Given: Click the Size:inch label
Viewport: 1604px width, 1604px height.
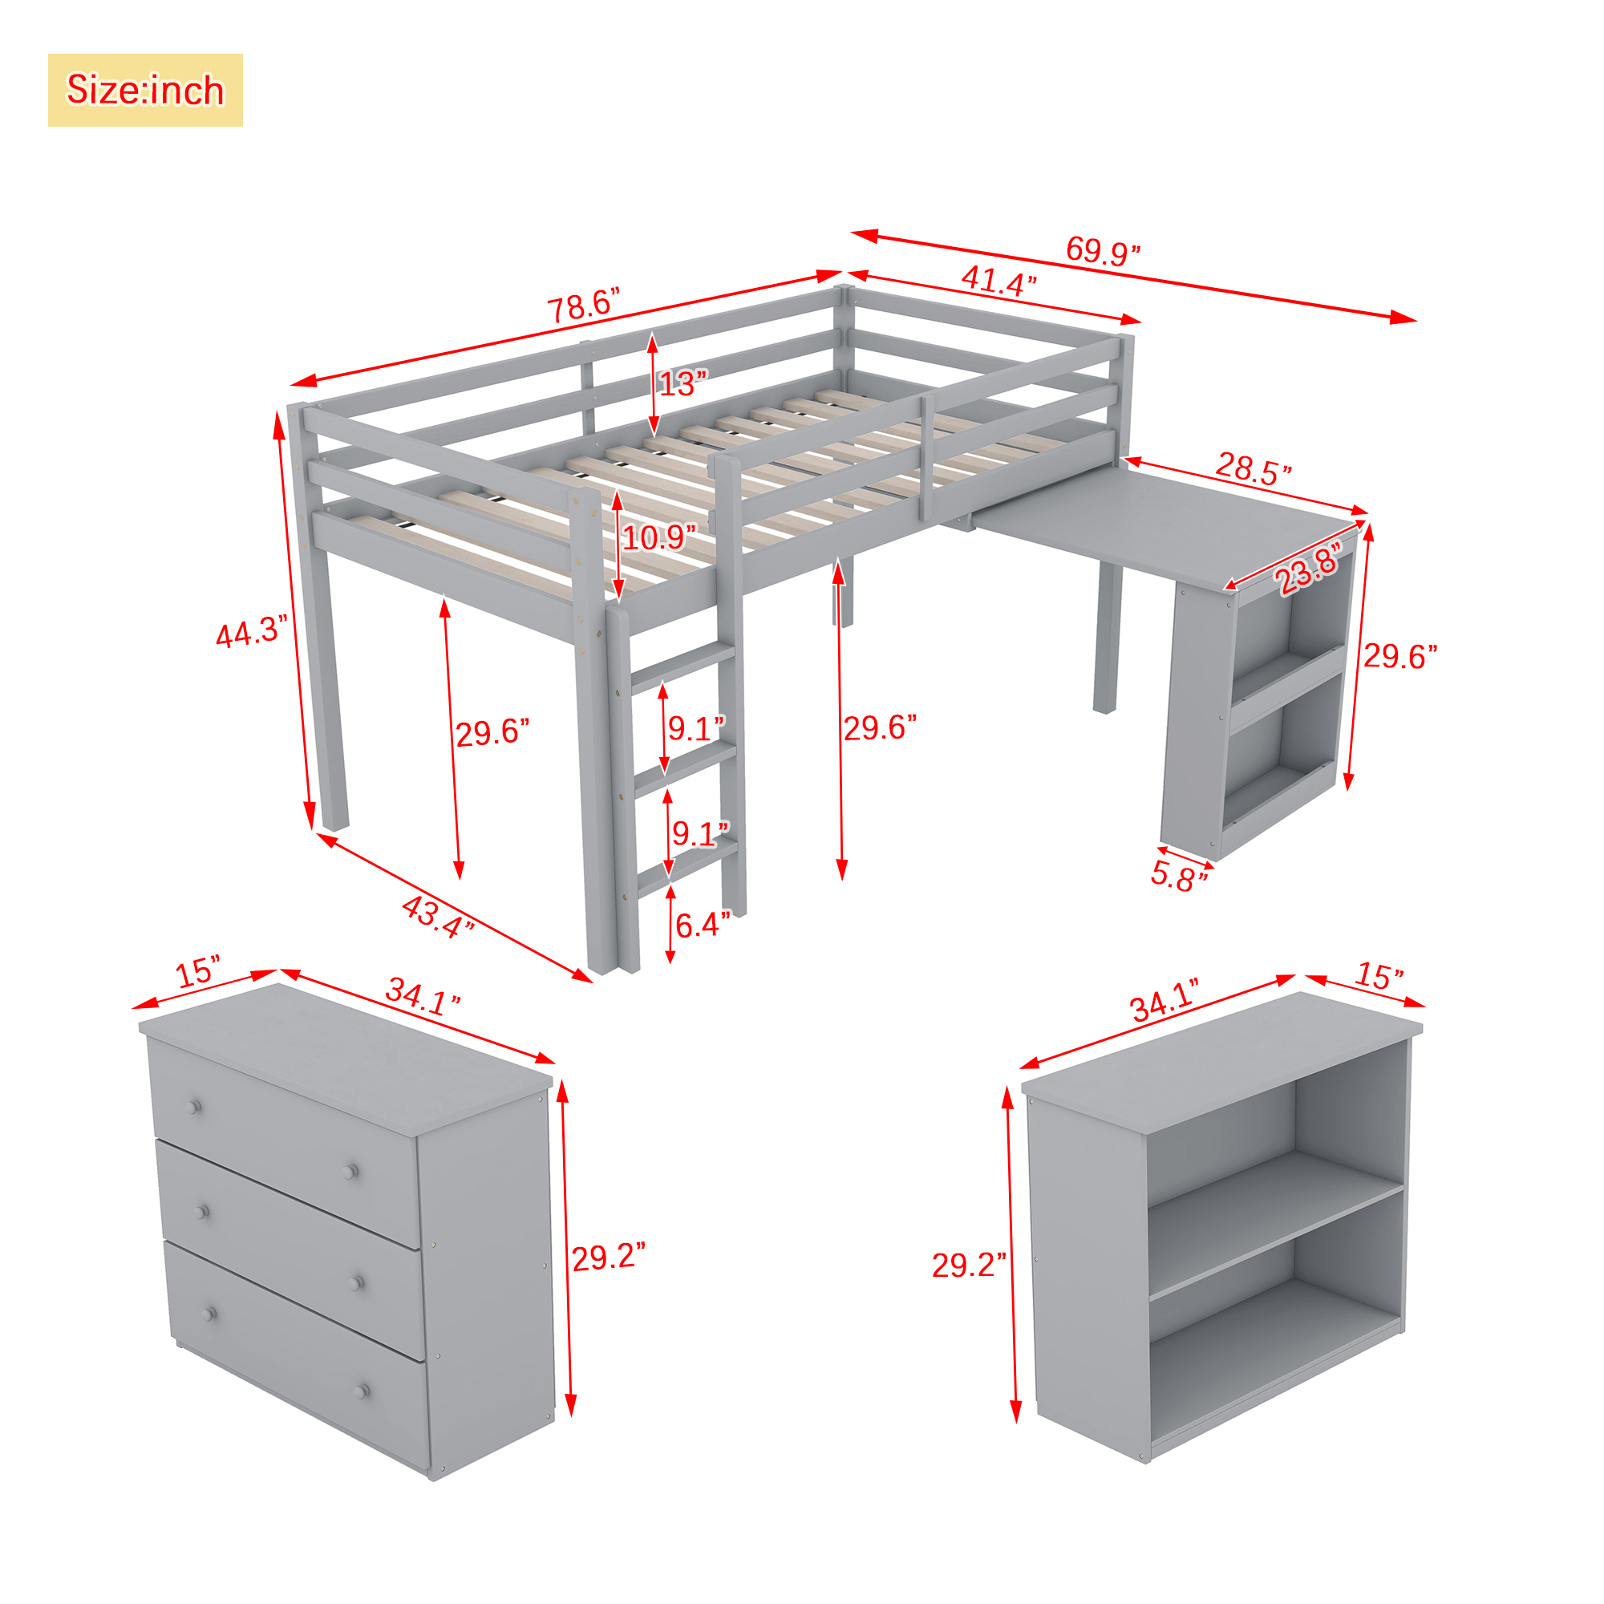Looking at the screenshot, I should [145, 90].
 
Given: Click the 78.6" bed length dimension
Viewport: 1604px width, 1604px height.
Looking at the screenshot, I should [584, 306].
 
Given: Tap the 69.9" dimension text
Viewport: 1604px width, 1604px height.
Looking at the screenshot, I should [1103, 250].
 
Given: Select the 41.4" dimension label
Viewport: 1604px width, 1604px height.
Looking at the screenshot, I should [998, 281].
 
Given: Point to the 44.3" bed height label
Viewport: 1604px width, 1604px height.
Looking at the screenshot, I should [251, 633].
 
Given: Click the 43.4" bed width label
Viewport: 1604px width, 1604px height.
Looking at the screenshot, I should [438, 917].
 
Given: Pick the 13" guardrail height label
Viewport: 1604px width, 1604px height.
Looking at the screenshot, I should [683, 383].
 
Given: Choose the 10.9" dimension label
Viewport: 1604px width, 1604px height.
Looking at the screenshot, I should [659, 538].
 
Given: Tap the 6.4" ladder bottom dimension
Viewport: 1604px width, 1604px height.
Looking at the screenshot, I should [703, 925].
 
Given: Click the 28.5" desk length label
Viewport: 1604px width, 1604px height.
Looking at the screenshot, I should [1254, 468].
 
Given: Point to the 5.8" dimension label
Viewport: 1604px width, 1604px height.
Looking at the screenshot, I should [1179, 877].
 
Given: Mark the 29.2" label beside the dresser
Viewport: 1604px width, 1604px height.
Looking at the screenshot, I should [609, 1257].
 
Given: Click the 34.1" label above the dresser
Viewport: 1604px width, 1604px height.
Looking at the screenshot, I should [423, 996].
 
